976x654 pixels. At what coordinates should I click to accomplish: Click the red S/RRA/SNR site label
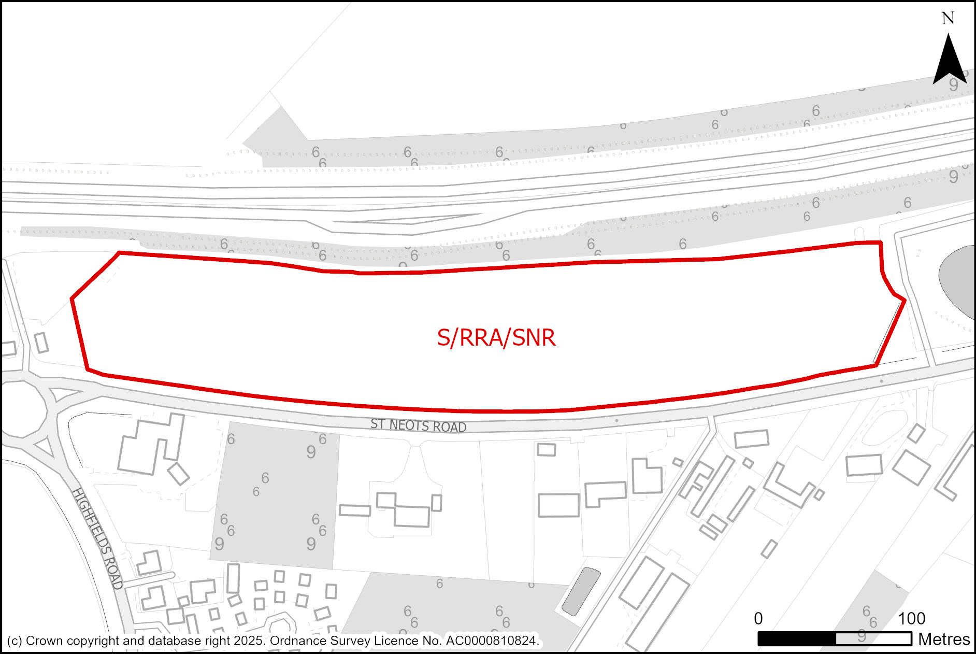(x=496, y=338)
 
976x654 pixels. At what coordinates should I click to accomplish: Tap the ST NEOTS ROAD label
(x=418, y=425)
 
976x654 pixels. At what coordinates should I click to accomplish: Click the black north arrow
(x=949, y=61)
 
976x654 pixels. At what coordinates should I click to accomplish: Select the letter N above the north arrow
(x=948, y=19)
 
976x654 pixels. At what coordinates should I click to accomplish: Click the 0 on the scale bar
(x=758, y=618)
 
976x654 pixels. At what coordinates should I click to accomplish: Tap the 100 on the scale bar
(x=911, y=618)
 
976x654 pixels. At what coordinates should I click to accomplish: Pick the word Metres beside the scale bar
(x=943, y=639)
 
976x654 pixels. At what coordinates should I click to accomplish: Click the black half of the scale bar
(x=797, y=639)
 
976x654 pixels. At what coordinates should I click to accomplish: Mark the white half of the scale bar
(x=873, y=639)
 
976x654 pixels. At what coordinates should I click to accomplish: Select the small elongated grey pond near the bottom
(x=581, y=591)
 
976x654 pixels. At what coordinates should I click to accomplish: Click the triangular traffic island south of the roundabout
(x=45, y=447)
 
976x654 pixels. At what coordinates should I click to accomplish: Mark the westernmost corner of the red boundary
(x=71, y=298)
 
